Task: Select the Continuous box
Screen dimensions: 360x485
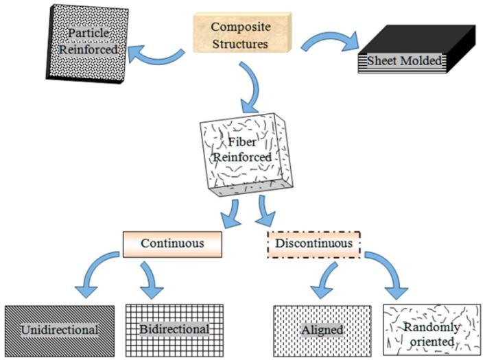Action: click(x=173, y=243)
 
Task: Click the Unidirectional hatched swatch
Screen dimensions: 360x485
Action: click(x=59, y=329)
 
